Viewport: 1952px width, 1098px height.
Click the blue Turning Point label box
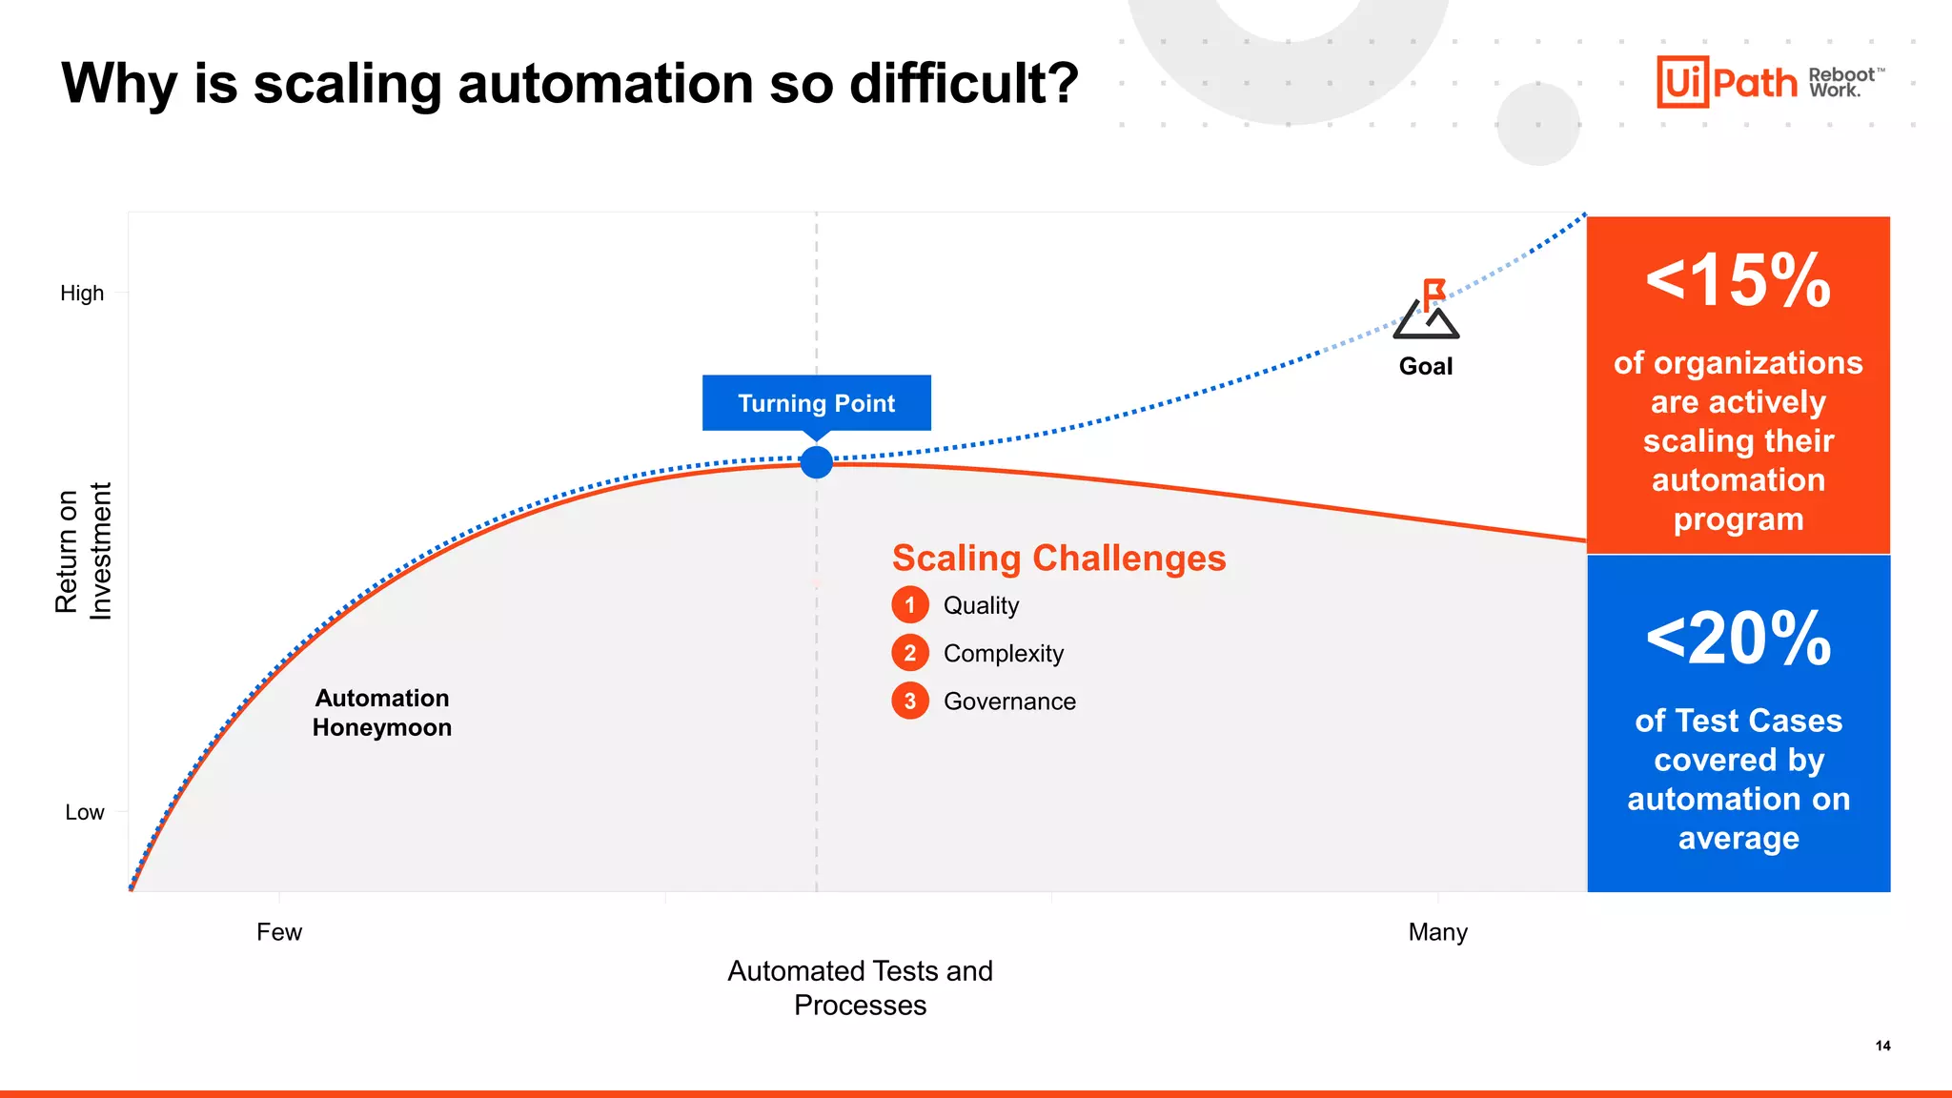click(816, 402)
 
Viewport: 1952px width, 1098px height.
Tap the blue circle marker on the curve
click(816, 462)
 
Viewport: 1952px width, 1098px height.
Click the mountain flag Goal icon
click(1426, 310)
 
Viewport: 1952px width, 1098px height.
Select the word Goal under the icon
click(1426, 366)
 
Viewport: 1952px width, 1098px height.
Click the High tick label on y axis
click(82, 294)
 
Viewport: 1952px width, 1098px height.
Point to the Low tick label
click(84, 812)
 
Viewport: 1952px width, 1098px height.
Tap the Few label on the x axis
click(278, 931)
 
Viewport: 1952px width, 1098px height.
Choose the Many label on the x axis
click(1437, 931)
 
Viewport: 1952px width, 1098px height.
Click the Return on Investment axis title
click(83, 551)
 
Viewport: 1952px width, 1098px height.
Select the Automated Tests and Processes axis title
click(860, 987)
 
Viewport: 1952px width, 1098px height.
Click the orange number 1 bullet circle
click(910, 605)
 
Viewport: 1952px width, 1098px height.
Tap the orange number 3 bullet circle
click(910, 701)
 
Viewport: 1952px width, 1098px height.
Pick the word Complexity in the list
click(1003, 654)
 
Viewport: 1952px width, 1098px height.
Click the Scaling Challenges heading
click(1058, 558)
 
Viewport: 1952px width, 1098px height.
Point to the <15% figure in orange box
click(1738, 281)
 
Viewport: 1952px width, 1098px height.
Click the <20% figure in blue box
click(1738, 639)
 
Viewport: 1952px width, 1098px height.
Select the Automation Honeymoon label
click(381, 712)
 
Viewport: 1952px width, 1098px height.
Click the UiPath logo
click(1726, 82)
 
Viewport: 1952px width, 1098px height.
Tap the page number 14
click(1882, 1046)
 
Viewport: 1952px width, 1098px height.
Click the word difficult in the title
click(963, 83)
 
